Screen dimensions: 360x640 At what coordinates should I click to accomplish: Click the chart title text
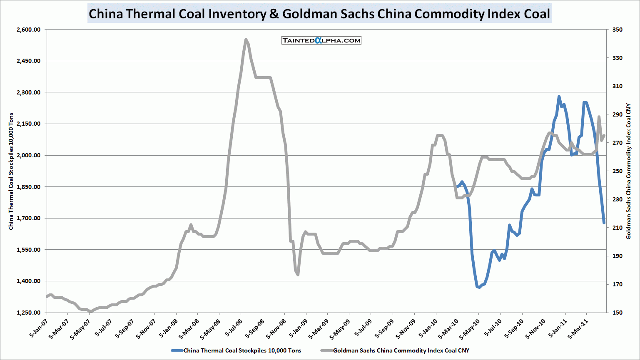pos(319,14)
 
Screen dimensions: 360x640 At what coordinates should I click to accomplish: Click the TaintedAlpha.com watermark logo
pos(321,40)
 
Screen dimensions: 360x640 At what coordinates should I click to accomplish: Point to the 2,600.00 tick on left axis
pos(29,30)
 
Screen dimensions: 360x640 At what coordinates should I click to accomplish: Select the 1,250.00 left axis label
pos(29,313)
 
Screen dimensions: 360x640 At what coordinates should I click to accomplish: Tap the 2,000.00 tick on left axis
pos(29,155)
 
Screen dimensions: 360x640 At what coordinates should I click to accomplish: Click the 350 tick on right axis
pos(617,30)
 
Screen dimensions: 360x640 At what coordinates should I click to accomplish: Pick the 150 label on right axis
pos(617,313)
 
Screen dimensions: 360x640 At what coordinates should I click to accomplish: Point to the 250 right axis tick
pos(617,171)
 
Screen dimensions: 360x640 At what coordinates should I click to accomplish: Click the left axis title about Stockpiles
pos(11,171)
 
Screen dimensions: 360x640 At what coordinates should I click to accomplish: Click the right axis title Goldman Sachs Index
pos(629,171)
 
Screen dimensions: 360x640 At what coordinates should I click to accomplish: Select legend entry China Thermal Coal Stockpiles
pos(242,350)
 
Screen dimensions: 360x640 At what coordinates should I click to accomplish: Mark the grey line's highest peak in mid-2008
pos(246,40)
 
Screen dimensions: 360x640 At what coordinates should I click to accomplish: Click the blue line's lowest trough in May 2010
pos(479,287)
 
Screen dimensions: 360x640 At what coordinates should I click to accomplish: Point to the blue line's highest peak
pos(559,97)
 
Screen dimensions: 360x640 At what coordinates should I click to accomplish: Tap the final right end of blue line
pos(604,223)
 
